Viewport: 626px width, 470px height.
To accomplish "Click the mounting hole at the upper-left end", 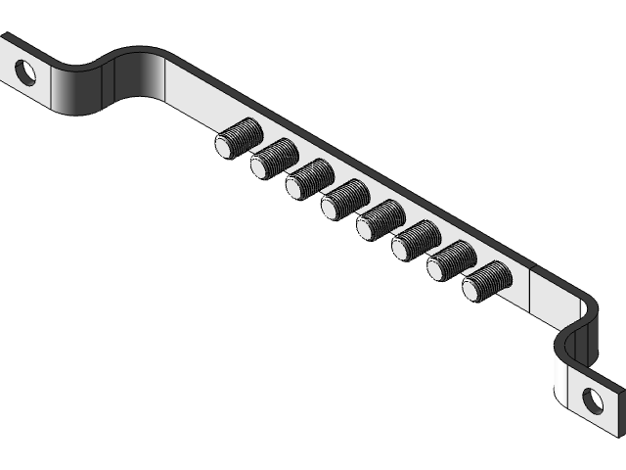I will coord(25,71).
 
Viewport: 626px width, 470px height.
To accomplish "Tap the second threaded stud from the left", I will coord(273,159).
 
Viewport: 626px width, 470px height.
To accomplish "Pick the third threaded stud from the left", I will coord(308,178).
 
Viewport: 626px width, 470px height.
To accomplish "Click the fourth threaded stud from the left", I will coord(343,199).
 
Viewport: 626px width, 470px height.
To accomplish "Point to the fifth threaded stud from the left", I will coord(379,219).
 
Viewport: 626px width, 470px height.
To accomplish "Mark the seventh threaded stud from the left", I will coord(450,260).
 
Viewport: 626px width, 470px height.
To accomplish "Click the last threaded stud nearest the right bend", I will coord(485,281).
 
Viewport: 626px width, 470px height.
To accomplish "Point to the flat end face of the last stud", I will coord(474,288).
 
